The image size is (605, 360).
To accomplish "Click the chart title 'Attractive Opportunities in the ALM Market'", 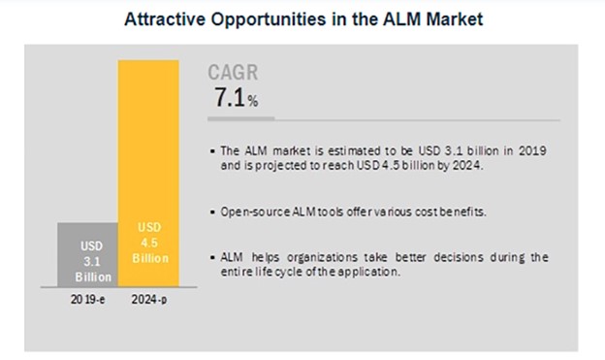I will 302,18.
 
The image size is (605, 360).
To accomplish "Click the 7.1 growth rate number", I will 228,98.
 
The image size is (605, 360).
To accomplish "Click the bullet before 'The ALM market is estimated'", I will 213,150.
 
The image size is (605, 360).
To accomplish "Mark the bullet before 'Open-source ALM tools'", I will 213,211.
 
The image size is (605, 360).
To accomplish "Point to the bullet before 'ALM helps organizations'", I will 213,257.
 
